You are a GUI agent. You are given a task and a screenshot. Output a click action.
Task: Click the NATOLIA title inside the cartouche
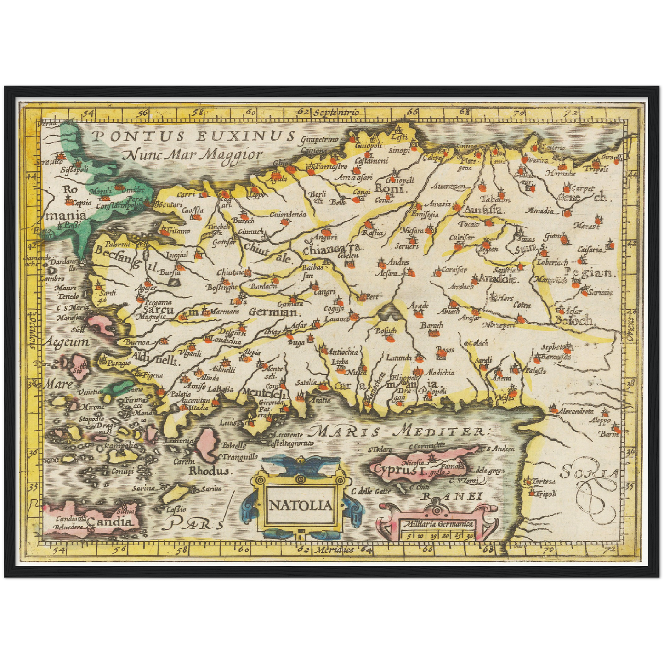pyautogui.click(x=300, y=505)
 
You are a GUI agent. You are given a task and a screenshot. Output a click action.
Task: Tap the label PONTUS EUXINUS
pyautogui.click(x=193, y=136)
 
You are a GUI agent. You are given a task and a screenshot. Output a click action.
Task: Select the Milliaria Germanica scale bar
pyautogui.click(x=437, y=530)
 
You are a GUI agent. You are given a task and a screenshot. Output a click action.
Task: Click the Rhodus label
pyautogui.click(x=209, y=471)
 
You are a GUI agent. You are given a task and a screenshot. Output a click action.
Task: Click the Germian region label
pyautogui.click(x=273, y=312)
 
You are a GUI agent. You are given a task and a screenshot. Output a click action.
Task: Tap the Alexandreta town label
pyautogui.click(x=576, y=412)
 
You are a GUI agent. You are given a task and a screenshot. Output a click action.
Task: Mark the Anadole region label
pyautogui.click(x=499, y=278)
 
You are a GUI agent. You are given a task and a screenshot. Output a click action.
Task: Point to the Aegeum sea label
pyautogui.click(x=67, y=342)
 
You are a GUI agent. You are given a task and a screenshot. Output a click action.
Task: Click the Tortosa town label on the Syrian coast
pyautogui.click(x=544, y=482)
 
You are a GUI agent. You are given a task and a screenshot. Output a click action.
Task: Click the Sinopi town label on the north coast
pyautogui.click(x=399, y=150)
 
